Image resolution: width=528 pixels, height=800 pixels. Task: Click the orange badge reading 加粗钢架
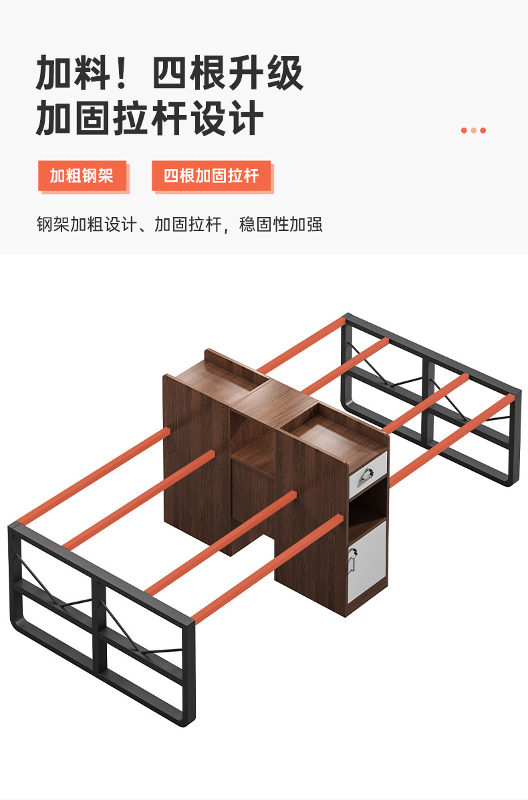[82, 176]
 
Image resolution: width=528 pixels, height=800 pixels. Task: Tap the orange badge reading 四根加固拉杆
[211, 176]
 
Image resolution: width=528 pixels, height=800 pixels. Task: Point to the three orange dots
[473, 130]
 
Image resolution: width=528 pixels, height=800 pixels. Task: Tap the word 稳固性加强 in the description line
[281, 224]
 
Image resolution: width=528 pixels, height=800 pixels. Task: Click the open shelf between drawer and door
[367, 508]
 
